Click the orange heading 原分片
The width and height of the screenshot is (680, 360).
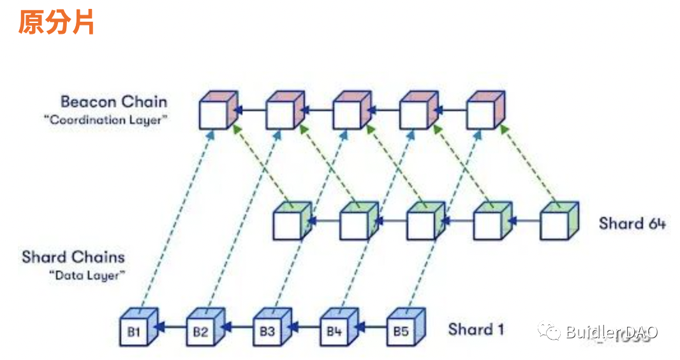click(56, 22)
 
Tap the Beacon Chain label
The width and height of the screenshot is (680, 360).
click(114, 101)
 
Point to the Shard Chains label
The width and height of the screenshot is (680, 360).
click(73, 257)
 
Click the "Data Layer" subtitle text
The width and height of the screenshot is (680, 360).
click(87, 275)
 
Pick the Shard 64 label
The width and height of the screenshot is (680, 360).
click(632, 223)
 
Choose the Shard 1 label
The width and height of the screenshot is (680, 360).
click(476, 329)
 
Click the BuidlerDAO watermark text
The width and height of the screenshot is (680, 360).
click(610, 333)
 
